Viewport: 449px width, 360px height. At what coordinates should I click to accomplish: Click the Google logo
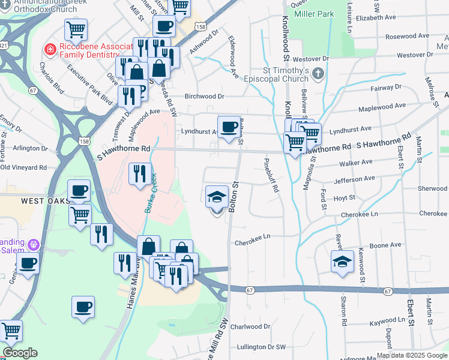click(x=20, y=352)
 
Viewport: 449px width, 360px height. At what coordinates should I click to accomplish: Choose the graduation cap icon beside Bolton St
click(x=217, y=196)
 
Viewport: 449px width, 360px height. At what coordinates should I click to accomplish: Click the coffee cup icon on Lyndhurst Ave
click(x=229, y=127)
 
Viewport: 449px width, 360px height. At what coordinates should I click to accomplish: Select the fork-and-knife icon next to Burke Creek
click(x=139, y=174)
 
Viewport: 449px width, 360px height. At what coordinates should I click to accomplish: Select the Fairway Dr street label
click(x=377, y=88)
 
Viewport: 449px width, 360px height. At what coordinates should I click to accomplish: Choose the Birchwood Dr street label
click(x=204, y=96)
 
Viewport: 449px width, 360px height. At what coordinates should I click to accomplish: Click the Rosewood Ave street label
click(x=408, y=37)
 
